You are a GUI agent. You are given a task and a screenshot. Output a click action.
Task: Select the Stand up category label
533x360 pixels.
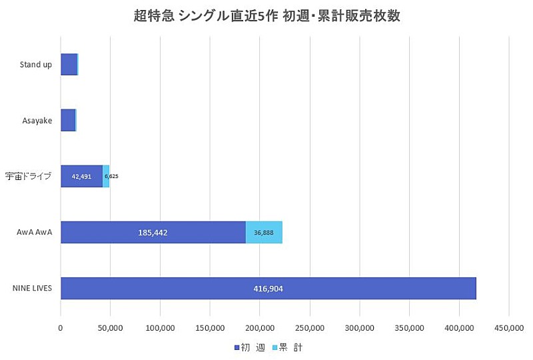coord(37,65)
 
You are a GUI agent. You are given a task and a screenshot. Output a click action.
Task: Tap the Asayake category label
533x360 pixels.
coord(38,120)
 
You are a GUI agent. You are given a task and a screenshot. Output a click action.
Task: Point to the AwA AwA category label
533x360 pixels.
coord(35,232)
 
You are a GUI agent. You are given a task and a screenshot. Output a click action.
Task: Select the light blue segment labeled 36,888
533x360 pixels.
coord(264,232)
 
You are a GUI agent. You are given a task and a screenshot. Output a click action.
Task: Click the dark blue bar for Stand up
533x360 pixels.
coord(69,65)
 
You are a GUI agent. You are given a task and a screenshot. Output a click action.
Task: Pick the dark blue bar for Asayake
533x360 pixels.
coord(68,120)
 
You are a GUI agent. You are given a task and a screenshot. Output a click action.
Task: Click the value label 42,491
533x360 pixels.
coord(81,177)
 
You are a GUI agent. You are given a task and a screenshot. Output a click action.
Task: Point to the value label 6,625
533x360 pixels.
coord(111,177)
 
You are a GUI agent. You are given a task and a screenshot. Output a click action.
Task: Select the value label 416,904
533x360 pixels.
coord(268,289)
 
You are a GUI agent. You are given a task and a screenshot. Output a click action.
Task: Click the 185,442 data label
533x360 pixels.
coord(153,233)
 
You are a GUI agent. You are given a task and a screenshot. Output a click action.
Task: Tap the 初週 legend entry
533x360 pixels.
coord(249,347)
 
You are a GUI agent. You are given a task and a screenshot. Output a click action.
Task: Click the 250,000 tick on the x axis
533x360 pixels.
coord(310,327)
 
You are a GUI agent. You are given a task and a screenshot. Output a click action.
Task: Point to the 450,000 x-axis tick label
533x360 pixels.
coord(509,327)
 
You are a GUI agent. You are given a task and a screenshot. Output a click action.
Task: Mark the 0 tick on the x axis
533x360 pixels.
coord(61,327)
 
